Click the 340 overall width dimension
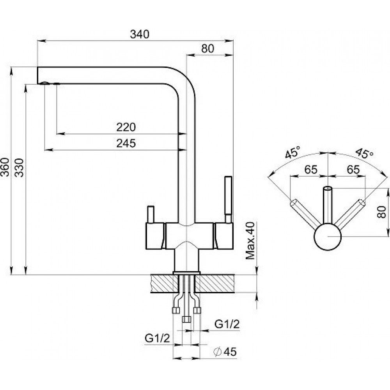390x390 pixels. pos(140,34)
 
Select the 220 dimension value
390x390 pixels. pos(126,127)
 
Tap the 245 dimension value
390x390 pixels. pos(126,143)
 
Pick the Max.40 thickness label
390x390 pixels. pos(250,241)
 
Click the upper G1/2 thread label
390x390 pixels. pos(227,324)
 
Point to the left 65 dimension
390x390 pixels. pos(310,170)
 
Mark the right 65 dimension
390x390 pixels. pos(353,170)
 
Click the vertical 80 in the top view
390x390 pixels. pos(383,212)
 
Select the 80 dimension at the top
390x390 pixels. pos(208,48)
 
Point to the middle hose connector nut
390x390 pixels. pos(186,319)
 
